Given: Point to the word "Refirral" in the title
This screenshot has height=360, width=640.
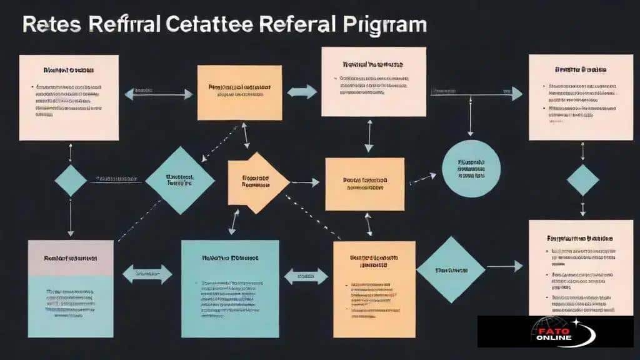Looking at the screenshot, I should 125,24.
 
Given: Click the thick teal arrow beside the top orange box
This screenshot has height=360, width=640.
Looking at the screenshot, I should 302,91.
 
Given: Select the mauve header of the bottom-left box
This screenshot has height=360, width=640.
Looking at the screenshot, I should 71,257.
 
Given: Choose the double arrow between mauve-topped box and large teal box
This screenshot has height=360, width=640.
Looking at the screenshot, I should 147,273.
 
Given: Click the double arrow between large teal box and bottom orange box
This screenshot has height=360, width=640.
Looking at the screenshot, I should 306,275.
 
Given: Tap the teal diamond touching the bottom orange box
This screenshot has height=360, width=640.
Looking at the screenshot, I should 450,269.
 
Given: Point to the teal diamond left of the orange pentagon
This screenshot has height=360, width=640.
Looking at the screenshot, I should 179,180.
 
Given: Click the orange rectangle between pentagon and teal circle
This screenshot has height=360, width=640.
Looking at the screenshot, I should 364,183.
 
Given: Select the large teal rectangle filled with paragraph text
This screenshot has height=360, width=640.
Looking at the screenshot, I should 229,288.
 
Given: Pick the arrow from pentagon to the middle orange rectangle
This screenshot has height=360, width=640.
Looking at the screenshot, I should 306,183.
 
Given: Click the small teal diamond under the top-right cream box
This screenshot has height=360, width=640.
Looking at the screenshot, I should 582,181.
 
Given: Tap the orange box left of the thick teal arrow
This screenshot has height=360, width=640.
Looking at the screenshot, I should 239,91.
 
